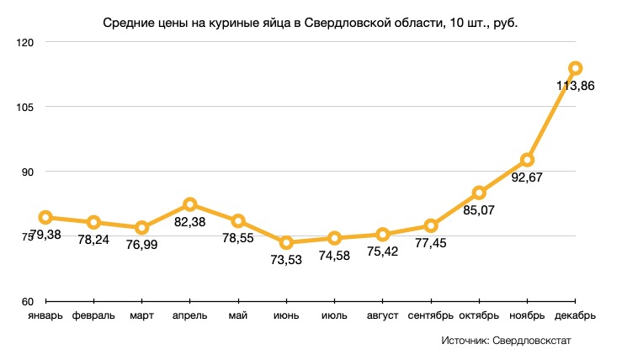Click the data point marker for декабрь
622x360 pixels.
click(x=575, y=68)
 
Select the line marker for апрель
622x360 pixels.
click(x=190, y=204)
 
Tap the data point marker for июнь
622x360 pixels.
click(x=286, y=243)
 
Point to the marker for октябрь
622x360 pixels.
click(x=479, y=193)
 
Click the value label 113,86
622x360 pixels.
click(x=576, y=85)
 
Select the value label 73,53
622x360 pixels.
click(x=287, y=261)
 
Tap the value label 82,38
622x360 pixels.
click(x=191, y=222)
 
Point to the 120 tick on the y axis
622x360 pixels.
click(x=27, y=42)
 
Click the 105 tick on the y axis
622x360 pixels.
click(x=27, y=107)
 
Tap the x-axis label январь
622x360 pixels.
click(x=45, y=316)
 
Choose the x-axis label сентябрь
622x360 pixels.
click(x=431, y=316)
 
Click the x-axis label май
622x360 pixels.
click(x=238, y=316)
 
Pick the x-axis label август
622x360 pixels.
click(x=383, y=316)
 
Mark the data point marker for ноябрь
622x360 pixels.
click(x=527, y=160)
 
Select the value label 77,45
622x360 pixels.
click(x=432, y=243)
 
